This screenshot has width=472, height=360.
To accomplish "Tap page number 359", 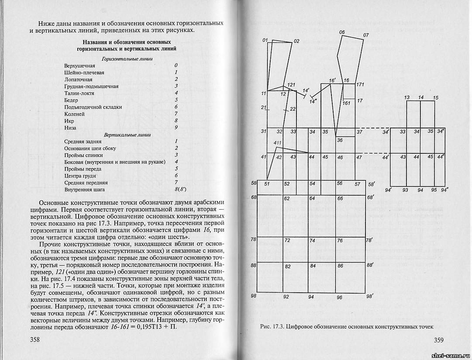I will [x=438, y=340].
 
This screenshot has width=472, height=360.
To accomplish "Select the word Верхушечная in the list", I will [x=79, y=66].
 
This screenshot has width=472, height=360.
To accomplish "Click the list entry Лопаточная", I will [x=78, y=80].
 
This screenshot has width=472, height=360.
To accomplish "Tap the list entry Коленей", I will [x=74, y=114].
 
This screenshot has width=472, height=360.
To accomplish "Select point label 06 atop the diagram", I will [x=342, y=32].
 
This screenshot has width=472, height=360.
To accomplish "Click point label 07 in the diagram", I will [x=366, y=35].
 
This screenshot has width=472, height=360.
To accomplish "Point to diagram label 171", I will [x=360, y=84].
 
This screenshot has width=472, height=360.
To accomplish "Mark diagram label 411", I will [x=277, y=143].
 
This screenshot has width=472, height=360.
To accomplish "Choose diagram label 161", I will [x=347, y=104].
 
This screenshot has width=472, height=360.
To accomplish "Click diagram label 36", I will [x=340, y=140].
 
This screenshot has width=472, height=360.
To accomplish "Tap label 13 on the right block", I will [x=407, y=97].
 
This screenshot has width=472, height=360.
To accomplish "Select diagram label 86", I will [x=340, y=266].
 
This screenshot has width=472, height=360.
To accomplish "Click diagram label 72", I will [x=287, y=241].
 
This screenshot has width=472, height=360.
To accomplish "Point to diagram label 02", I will [x=296, y=41].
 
